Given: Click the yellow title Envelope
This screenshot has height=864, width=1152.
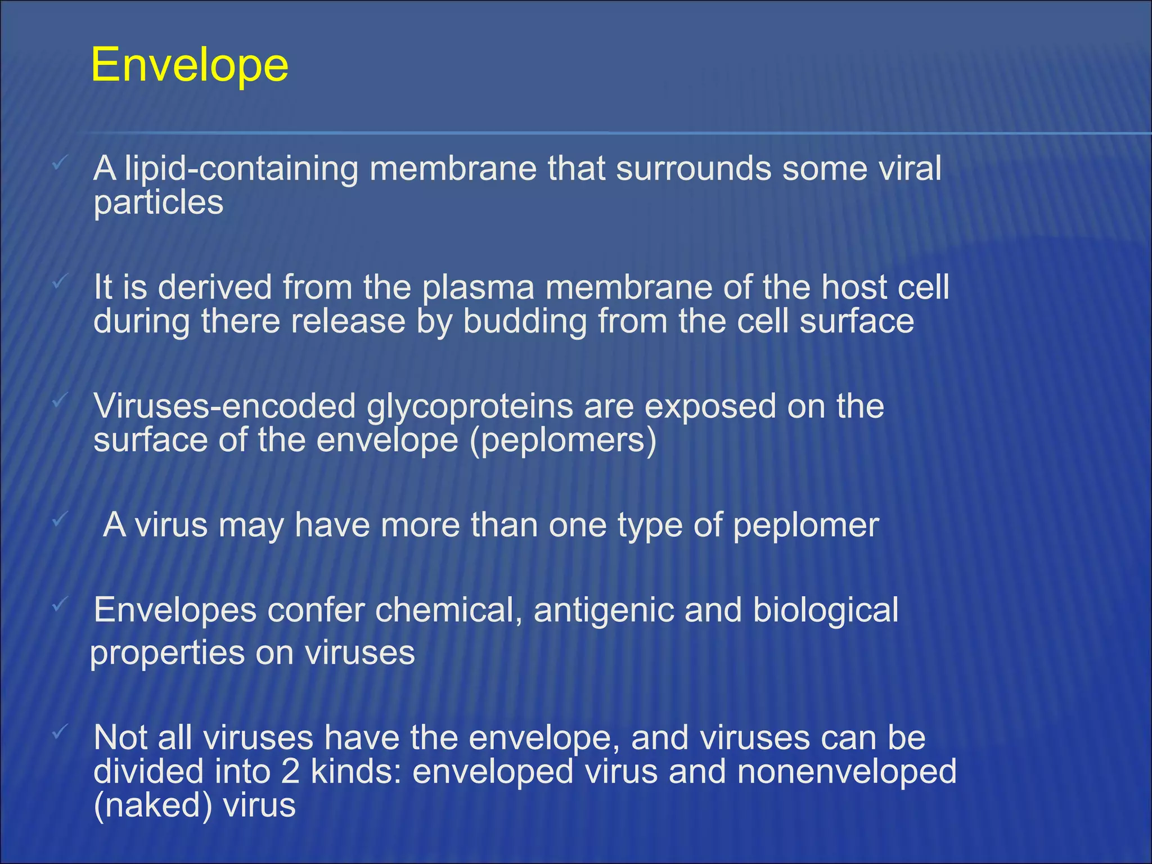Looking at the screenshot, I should (x=190, y=66).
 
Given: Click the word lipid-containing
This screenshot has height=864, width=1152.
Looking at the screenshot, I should (x=241, y=169).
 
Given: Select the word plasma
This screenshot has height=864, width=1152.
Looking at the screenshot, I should (x=478, y=288).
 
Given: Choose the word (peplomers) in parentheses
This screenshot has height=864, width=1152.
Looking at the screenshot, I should (x=564, y=440).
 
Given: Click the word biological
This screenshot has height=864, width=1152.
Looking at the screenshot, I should (x=825, y=611).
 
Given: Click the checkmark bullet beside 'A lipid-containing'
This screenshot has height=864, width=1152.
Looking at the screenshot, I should (x=60, y=164).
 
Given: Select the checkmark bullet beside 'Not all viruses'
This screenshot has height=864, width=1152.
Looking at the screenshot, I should (x=60, y=732).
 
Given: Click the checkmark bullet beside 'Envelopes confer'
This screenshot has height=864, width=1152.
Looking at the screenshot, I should (x=60, y=606).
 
